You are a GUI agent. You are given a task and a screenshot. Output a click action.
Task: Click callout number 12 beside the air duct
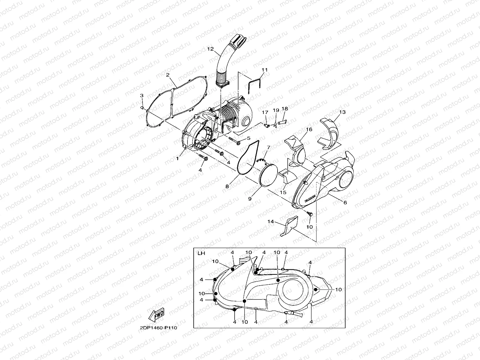pos(210,49)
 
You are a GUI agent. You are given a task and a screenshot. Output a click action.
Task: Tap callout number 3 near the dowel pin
pos(142,95)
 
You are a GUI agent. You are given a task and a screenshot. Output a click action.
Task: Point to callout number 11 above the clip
pos(264,70)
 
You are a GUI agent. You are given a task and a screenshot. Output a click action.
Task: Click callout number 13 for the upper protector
pos(342,112)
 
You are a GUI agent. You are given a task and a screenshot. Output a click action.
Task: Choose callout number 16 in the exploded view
pos(309,129)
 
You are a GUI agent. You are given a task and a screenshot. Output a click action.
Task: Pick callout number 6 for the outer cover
pos(345,202)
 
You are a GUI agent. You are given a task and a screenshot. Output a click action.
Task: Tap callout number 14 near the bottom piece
pos(271,221)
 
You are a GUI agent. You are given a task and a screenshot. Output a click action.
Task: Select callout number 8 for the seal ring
pos(227,186)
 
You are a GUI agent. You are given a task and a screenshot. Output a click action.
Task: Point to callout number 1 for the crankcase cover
pos(177,158)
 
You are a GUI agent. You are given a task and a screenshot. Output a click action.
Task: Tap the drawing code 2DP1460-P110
pos(158,328)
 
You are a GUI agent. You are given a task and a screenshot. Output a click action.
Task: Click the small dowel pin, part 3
pos(143,107)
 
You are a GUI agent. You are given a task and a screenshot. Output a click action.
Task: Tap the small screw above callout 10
pos(310,214)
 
